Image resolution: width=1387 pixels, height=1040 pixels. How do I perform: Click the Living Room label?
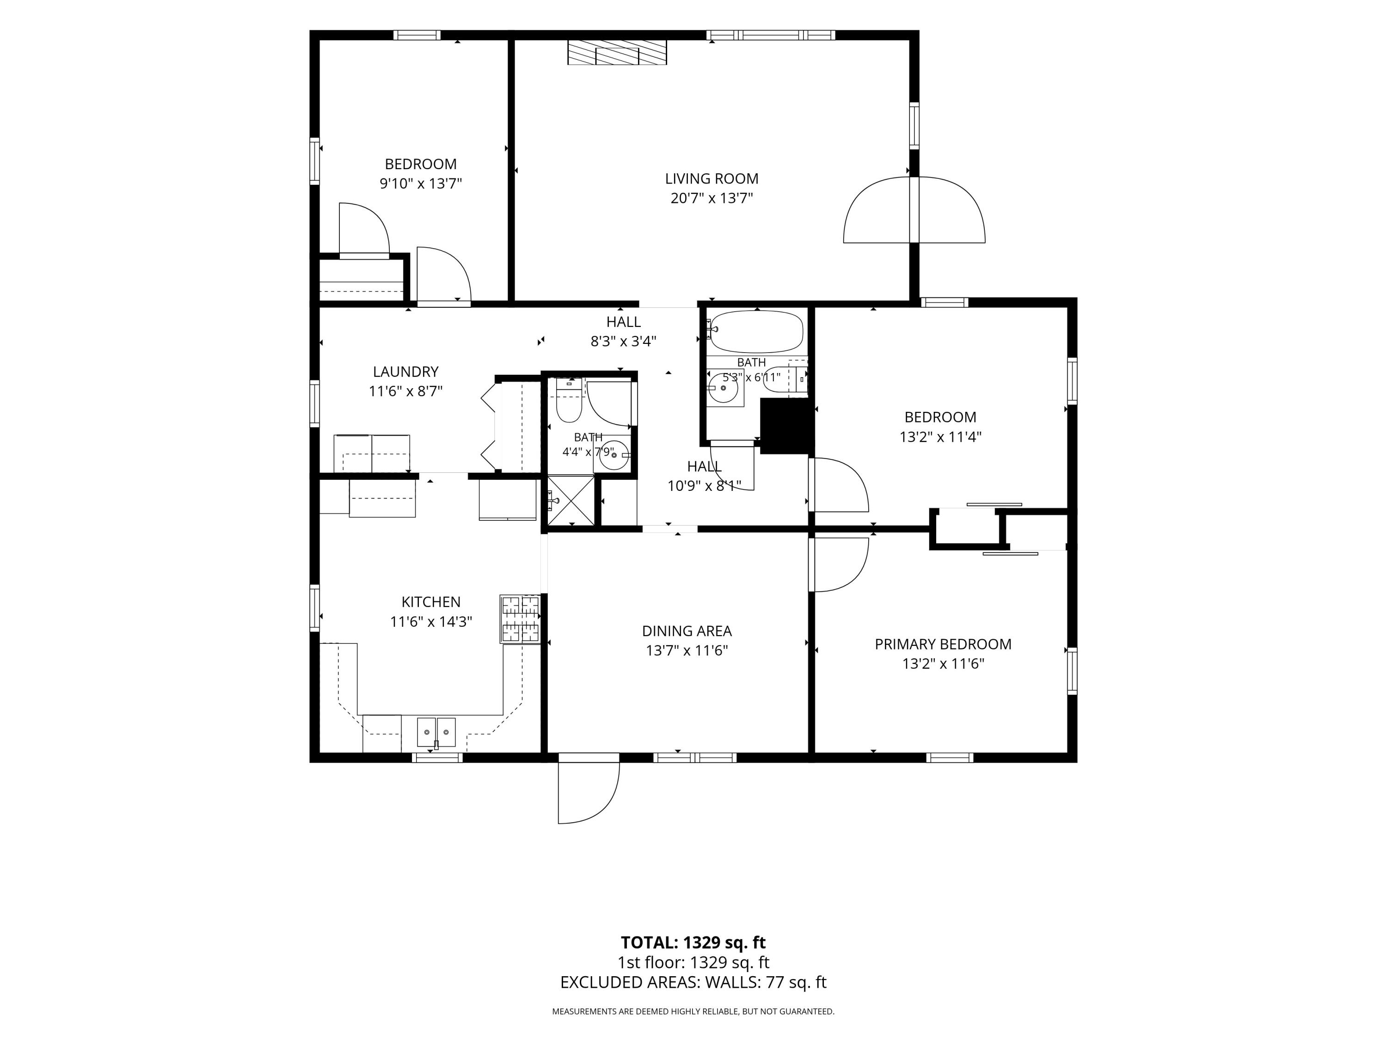(712, 179)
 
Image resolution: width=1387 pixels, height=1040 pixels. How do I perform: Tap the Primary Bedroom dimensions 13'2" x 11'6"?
(943, 663)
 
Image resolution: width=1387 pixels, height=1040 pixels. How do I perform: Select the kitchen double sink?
(436, 732)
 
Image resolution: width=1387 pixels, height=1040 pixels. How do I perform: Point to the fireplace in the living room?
(617, 53)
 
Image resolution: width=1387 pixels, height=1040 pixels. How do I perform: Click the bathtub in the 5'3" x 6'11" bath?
(756, 332)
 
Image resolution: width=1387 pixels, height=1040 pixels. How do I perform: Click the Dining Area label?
(687, 631)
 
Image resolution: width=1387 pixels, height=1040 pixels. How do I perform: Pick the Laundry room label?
(405, 372)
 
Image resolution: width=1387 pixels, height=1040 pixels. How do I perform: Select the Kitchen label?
(431, 602)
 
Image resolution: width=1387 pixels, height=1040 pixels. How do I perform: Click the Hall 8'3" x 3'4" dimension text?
(623, 342)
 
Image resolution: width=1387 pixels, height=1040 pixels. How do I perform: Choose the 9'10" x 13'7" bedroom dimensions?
(421, 184)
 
